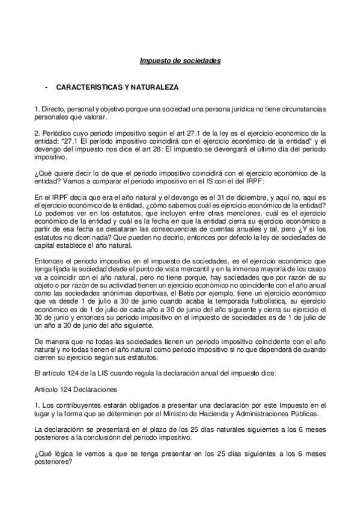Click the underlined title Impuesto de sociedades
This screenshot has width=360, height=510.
180,61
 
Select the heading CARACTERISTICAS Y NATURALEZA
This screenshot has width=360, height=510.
117,87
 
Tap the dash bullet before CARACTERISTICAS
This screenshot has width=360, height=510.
46,87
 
